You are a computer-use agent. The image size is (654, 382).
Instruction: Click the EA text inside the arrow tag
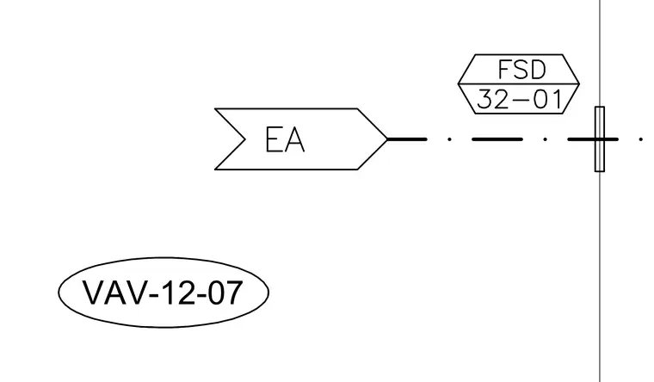tap(285, 139)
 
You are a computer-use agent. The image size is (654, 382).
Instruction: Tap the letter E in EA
tap(273, 139)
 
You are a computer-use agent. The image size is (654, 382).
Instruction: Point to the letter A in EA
tap(295, 139)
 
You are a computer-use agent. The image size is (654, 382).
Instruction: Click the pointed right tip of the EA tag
tap(387, 139)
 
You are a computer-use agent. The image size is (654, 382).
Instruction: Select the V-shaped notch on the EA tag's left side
tap(244, 139)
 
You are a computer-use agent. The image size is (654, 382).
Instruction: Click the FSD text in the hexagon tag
tap(521, 70)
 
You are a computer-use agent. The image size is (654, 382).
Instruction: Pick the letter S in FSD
tap(521, 70)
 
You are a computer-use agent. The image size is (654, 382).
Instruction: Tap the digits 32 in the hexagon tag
tap(491, 100)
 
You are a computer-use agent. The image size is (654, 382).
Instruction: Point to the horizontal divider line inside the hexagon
tap(519, 83)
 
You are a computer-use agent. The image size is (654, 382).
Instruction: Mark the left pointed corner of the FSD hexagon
tap(459, 83)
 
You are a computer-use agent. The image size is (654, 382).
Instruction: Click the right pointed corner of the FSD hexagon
tap(579, 83)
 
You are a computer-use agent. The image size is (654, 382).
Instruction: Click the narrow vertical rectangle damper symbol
tap(600, 139)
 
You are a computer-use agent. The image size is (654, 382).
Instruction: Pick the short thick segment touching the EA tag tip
tap(408, 139)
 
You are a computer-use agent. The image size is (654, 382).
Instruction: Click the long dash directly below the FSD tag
tap(497, 139)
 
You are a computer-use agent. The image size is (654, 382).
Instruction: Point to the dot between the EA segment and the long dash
tap(449, 139)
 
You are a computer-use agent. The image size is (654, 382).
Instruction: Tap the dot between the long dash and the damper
tap(545, 139)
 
